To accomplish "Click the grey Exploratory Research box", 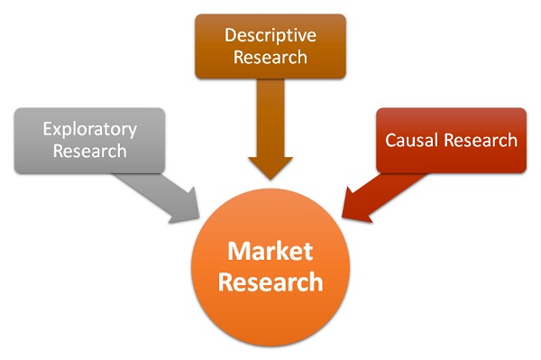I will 89,140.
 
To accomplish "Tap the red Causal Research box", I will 451,140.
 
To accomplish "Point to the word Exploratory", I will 89,128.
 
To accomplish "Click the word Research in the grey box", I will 89,151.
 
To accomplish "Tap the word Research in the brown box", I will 270,57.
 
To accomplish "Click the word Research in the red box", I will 482,141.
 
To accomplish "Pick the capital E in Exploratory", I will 47,128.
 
